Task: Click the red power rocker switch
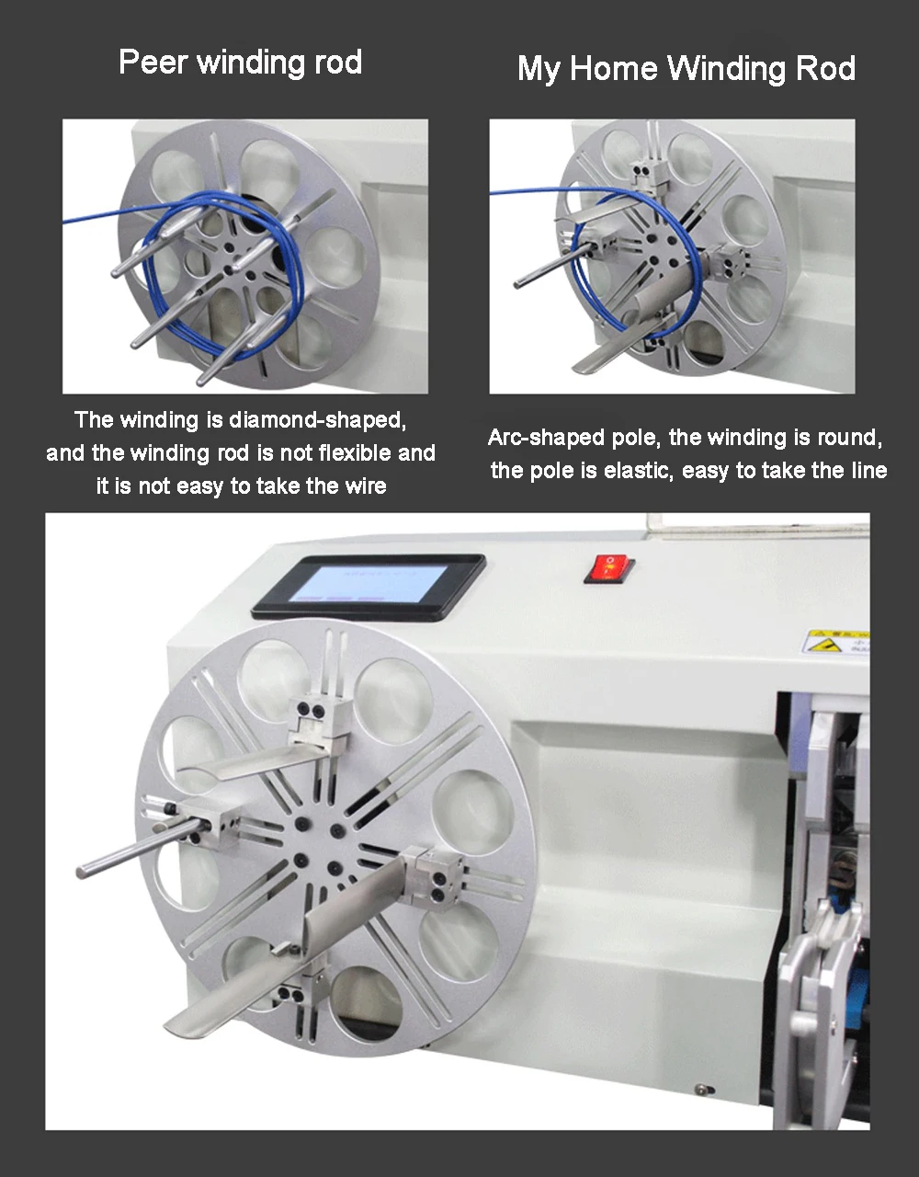click(609, 568)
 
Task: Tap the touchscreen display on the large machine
click(369, 586)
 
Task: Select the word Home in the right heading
click(613, 69)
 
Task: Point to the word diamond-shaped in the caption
click(318, 420)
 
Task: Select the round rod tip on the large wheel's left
click(81, 872)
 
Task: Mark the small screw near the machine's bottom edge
click(701, 1087)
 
